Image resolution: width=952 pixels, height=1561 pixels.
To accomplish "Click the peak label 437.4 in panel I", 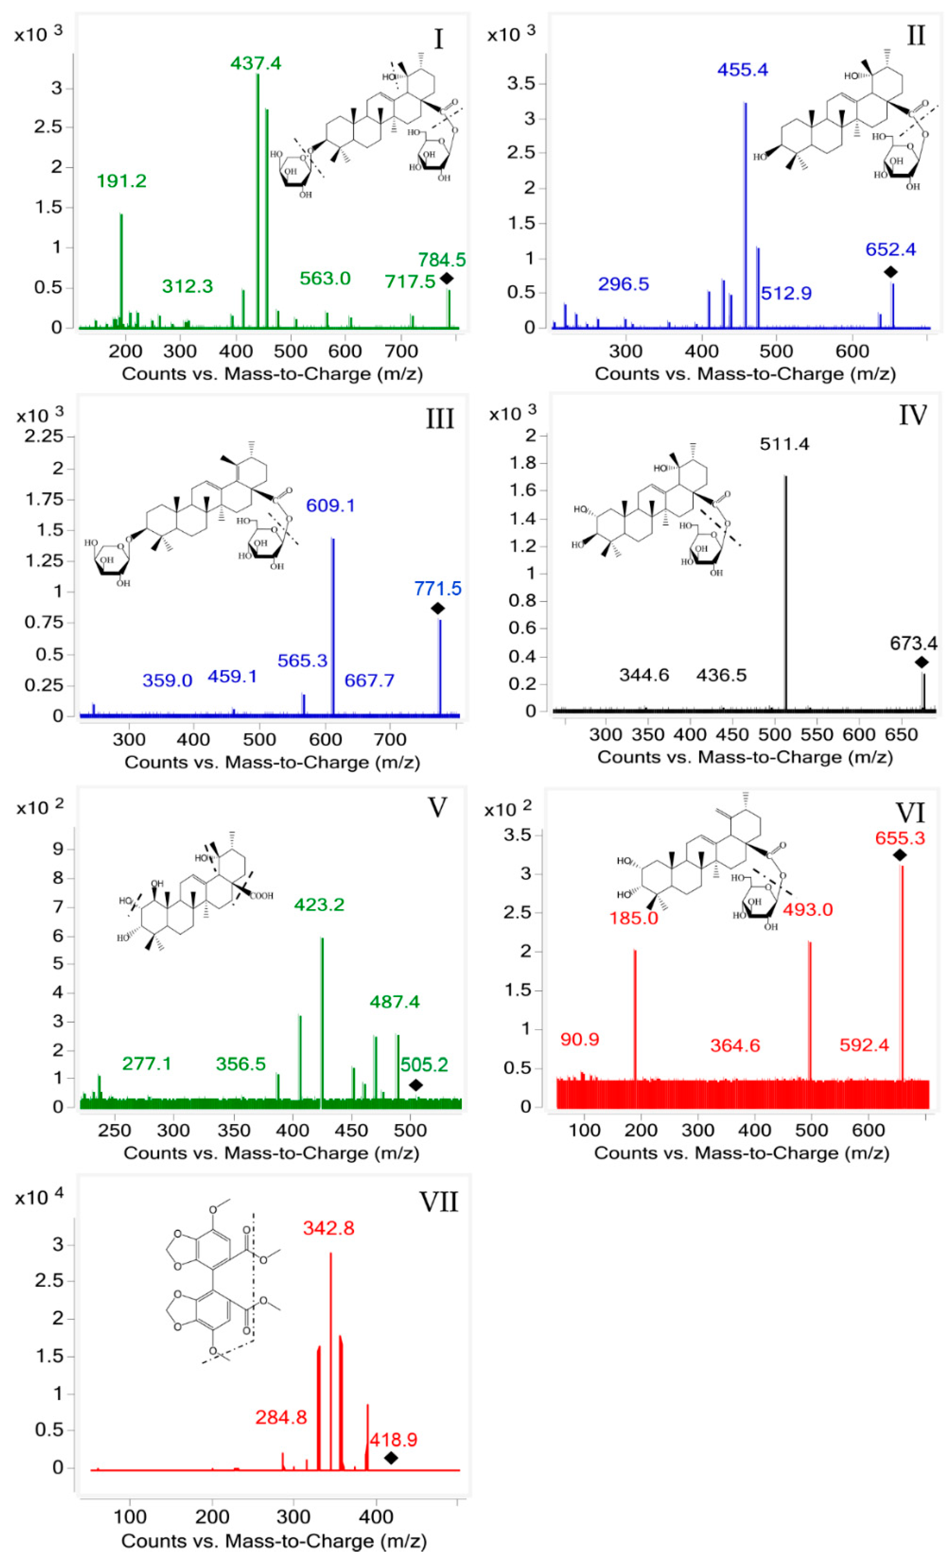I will coord(256,63).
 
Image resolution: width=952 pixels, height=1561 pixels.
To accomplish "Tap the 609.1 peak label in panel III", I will coord(330,505).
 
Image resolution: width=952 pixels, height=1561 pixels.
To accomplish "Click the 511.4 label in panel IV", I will coord(784,444).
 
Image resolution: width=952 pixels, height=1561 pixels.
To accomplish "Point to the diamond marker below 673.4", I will coord(921,662).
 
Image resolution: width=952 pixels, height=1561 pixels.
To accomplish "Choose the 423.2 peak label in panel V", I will coord(319,905).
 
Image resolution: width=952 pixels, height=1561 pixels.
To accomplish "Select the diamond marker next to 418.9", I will coord(391,1458).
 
